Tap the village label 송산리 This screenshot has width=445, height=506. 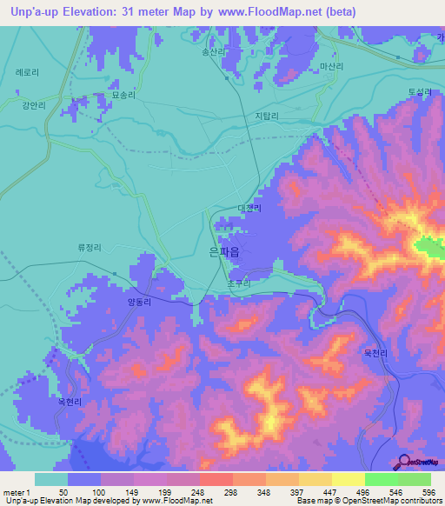pos(214,52)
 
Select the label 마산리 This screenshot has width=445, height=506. pos(331,66)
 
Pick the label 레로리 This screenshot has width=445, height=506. pos(27,73)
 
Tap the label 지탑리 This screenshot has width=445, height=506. pos(267,116)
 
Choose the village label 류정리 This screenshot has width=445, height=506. pos(90,247)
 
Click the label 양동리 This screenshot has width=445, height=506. pos(138,303)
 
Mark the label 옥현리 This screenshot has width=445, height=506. pos(70,402)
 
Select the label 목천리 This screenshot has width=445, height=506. pos(375,353)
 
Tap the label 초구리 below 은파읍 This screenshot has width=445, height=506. pos(238,283)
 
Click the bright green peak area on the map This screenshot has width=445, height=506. pos(428,249)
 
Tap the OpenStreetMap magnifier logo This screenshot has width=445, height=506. pos(401,462)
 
